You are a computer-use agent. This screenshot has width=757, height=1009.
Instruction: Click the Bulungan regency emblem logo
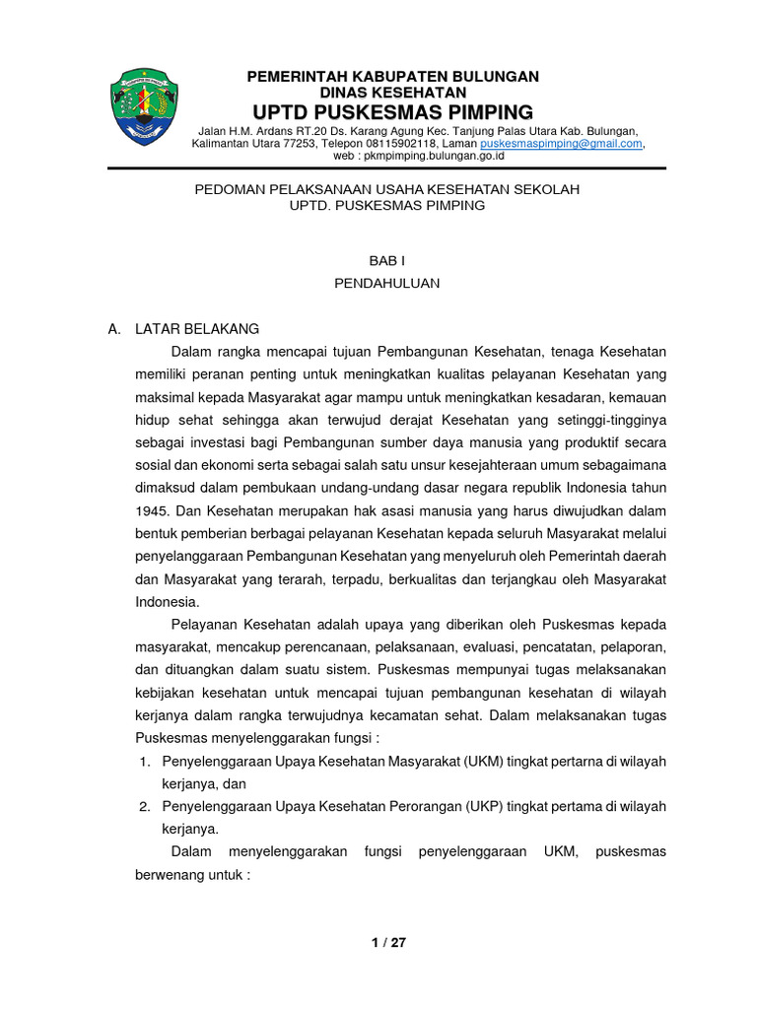tap(143, 106)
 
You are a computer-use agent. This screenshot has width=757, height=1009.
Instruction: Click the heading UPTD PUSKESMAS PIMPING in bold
tap(392, 110)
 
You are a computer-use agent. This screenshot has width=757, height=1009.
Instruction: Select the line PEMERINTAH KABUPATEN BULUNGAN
tap(392, 76)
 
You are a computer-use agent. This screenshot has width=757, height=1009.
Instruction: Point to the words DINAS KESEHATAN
tap(392, 92)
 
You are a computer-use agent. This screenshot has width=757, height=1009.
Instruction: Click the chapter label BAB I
tap(386, 261)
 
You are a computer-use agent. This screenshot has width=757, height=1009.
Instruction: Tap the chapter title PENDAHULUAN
tap(386, 283)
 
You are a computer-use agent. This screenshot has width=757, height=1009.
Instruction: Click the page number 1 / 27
tap(388, 942)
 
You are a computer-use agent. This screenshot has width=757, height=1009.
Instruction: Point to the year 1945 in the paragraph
tap(150, 510)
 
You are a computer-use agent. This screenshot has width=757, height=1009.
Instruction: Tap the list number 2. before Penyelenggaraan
tap(144, 806)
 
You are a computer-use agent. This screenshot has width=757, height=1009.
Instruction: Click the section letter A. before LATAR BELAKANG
tap(113, 328)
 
